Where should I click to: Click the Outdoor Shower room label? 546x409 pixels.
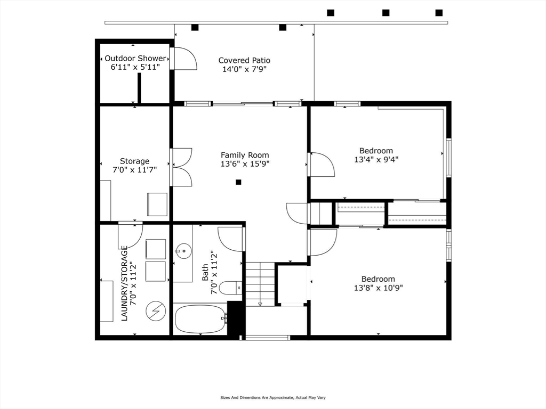coord(135,59)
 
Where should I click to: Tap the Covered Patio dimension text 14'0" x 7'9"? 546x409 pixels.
coord(244,69)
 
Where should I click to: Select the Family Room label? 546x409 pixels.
coord(245,155)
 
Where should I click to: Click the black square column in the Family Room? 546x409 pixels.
coord(238,182)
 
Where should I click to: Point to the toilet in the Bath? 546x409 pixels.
coord(232,288)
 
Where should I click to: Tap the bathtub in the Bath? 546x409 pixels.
coord(201,319)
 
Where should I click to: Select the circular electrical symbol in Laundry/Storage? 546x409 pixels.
coord(156,310)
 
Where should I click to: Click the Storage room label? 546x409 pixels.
coord(135,161)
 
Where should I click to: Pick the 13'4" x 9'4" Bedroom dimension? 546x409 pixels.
coord(376,160)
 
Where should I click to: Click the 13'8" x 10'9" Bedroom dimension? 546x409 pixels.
coord(379,288)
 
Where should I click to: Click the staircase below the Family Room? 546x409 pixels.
coord(260,284)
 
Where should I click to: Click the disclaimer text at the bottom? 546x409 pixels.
coord(273,397)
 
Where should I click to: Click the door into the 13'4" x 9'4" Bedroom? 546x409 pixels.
coord(322,164)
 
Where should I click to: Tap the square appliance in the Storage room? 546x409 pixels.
coord(157,204)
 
